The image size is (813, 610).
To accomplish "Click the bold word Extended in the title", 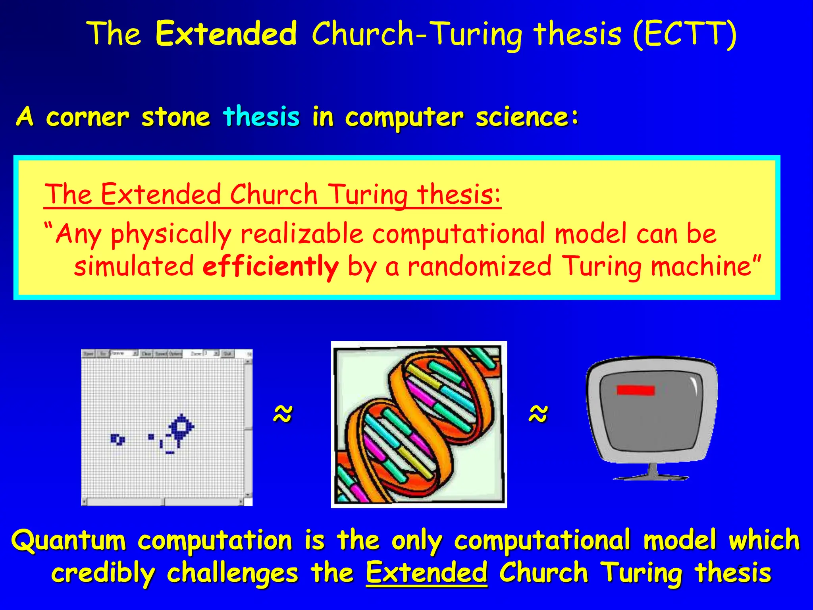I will pos(226,34).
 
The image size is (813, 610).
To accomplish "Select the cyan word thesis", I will pos(261,117).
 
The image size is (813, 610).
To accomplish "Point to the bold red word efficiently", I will pos(270,266).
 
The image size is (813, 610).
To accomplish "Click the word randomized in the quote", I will pos(480,266).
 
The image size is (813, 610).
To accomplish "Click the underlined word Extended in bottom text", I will pos(426,573).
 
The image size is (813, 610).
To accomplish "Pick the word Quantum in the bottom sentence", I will pos(68,541).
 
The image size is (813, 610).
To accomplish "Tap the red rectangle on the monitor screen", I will pos(635,390).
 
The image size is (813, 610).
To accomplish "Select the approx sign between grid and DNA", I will pos(283,414).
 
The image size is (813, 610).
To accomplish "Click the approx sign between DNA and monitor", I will pos(538,414).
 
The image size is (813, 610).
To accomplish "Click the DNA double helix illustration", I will pos(419,424).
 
